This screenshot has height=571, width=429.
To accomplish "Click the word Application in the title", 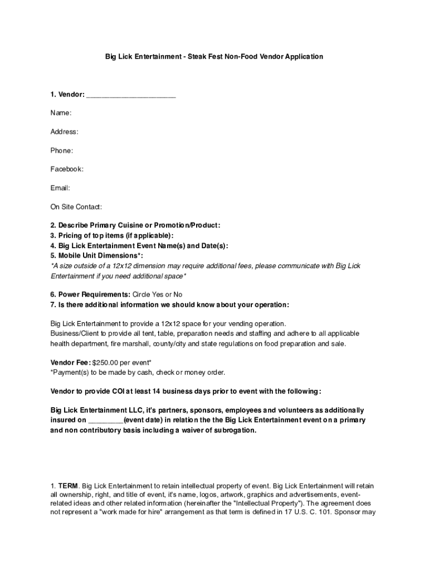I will tap(304, 56).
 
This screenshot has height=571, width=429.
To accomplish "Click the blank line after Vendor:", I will tap(131, 95).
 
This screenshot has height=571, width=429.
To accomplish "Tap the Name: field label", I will tap(61, 113).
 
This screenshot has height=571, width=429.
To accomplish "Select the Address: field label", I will tap(64, 132).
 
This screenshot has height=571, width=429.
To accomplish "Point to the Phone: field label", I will tap(61, 151).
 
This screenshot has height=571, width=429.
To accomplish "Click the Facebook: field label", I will tap(67, 169).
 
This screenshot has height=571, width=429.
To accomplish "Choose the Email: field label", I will tap(60, 188).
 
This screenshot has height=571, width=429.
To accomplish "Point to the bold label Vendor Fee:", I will tap(71, 362).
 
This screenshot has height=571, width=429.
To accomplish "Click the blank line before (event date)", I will tap(105, 420).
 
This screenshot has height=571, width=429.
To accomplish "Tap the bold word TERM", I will tap(69, 486).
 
